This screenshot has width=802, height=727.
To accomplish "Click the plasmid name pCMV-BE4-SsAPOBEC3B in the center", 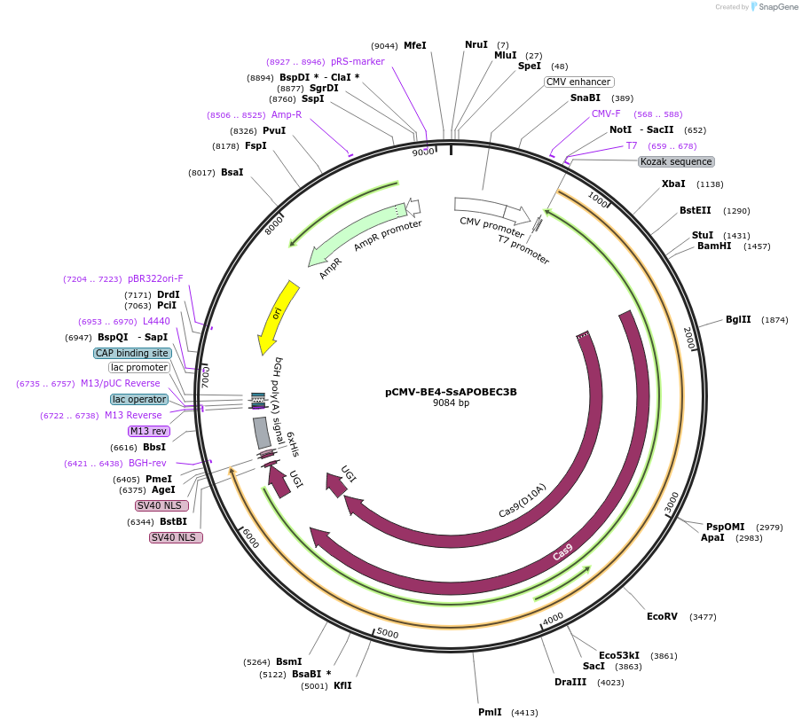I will [451, 391].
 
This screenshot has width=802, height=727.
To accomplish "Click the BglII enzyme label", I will [738, 320].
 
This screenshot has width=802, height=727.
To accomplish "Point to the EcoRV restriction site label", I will [662, 616].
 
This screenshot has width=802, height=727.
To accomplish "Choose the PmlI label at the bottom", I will [490, 712].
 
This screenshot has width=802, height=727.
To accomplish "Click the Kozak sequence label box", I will [676, 162].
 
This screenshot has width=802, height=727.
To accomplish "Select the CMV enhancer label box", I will [578, 82].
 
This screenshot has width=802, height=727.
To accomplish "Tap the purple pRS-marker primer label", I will [358, 62].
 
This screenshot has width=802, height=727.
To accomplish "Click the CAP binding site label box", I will [132, 353].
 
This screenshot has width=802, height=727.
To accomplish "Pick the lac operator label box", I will [138, 400].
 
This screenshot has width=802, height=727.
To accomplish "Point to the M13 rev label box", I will [148, 432].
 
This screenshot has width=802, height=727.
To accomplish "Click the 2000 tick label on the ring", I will [689, 337].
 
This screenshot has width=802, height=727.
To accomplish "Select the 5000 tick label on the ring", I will [387, 633].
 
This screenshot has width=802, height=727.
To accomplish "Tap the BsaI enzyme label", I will [232, 172].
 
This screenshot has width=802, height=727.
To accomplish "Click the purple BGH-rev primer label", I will [147, 463].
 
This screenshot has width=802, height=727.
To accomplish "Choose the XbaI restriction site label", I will [673, 184].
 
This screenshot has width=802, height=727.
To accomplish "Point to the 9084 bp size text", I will [451, 403].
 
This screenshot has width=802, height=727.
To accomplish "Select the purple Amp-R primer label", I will [287, 115].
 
